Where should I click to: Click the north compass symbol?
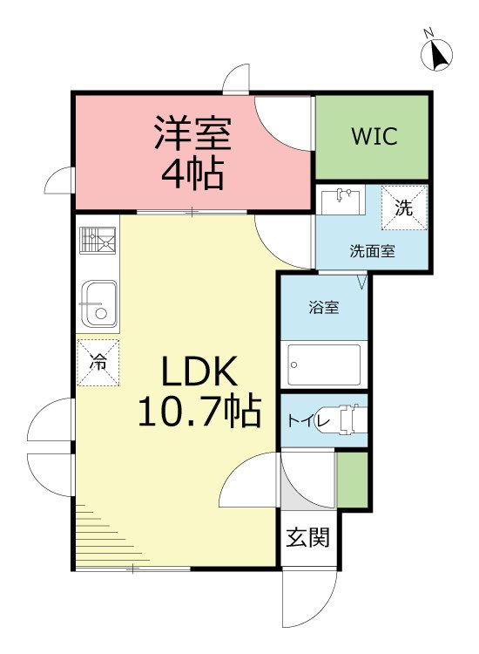(438, 54)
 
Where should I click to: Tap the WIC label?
(374, 136)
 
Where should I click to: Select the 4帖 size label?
(192, 173)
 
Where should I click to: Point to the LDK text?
(198, 375)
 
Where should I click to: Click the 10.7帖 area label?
(199, 411)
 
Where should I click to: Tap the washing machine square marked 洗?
(403, 208)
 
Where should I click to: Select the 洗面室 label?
(372, 252)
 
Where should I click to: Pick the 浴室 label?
(324, 307)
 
